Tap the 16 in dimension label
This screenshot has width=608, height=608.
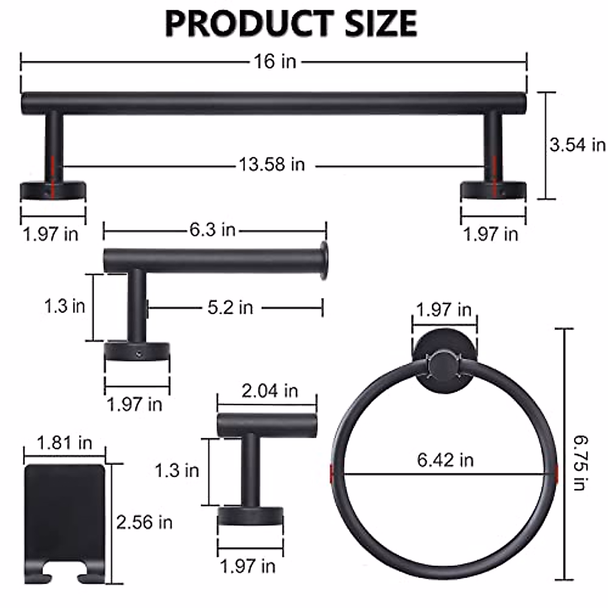point(275,61)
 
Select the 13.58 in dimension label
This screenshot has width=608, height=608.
point(272,165)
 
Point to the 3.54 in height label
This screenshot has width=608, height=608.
point(577,145)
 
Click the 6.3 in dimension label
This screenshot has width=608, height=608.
point(212,230)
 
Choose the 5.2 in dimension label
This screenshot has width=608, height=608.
point(230,307)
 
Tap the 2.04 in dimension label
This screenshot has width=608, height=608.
point(270,391)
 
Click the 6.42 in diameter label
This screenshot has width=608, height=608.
point(445,460)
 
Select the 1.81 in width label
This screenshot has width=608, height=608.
point(64,443)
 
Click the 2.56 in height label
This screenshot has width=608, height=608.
point(144,522)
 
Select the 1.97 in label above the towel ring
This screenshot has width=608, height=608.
point(443,309)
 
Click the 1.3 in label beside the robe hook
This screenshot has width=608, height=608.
point(176,471)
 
